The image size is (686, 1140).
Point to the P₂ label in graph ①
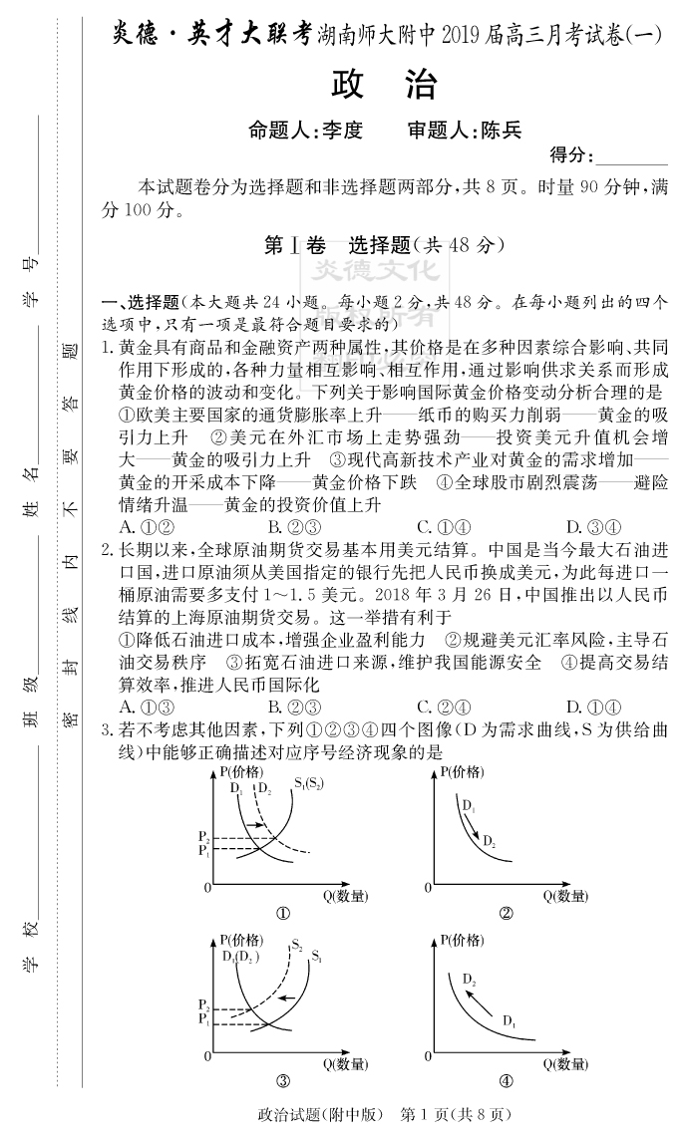203,835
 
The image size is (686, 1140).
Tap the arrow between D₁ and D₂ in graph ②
474,825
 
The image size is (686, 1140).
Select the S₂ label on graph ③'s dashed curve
297,945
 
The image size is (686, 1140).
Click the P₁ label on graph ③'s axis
203,1019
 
